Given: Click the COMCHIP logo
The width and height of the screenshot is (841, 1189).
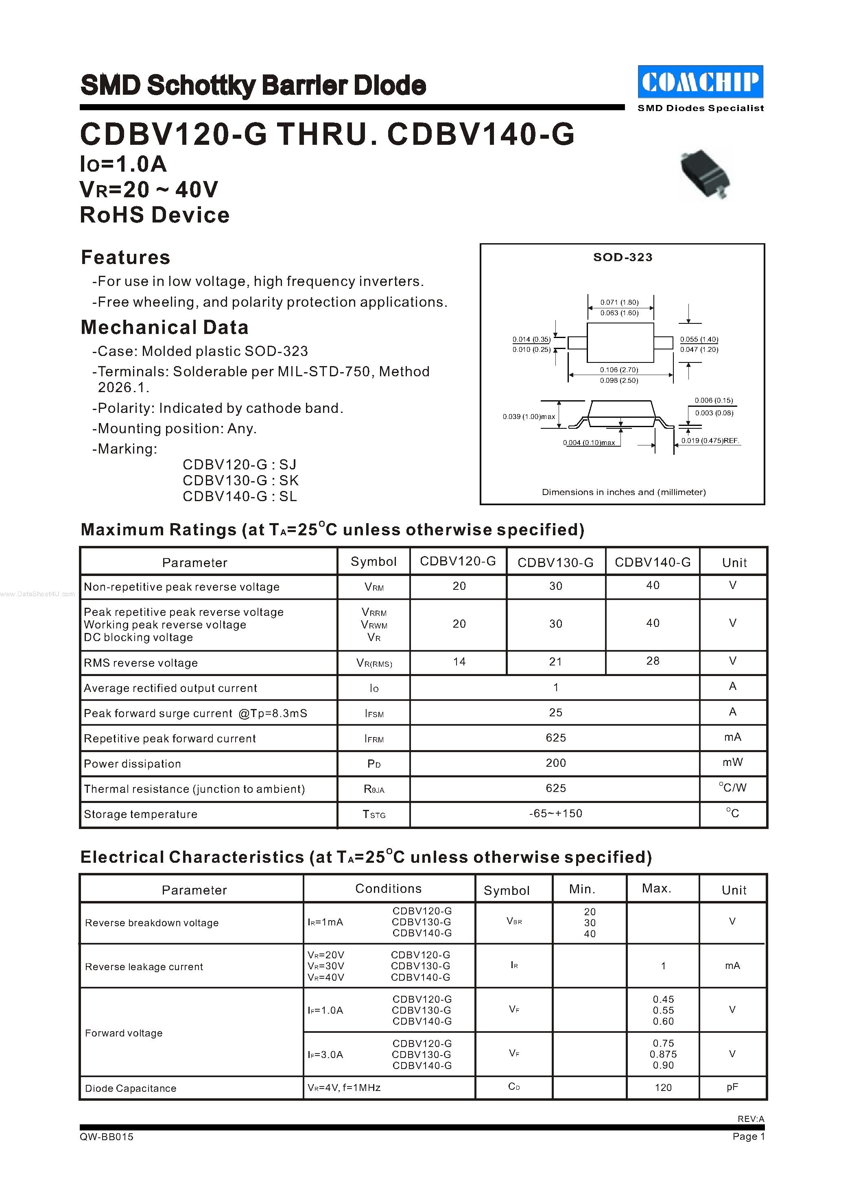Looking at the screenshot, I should pyautogui.click(x=700, y=82).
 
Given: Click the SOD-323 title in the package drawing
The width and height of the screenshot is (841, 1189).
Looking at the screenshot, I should pyautogui.click(x=623, y=257).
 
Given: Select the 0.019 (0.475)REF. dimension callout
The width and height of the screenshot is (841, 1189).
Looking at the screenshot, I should pyautogui.click(x=710, y=441).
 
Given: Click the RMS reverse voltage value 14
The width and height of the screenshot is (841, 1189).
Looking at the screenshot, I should pyautogui.click(x=459, y=662).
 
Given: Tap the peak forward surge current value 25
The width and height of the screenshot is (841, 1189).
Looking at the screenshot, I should pyautogui.click(x=555, y=713).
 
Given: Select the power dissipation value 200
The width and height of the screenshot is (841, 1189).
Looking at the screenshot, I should pyautogui.click(x=555, y=763).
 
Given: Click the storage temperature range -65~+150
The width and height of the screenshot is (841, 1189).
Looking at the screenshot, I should pyautogui.click(x=555, y=814).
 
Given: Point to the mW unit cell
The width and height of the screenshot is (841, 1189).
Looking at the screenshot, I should pyautogui.click(x=732, y=762).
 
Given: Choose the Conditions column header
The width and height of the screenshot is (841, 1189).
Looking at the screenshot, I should pyautogui.click(x=389, y=889).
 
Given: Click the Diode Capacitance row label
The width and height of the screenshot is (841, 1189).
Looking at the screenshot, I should pyautogui.click(x=131, y=1089).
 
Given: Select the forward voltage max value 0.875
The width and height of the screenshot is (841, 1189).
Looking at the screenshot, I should pyautogui.click(x=663, y=1054).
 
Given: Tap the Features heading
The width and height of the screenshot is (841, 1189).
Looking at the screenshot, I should pyautogui.click(x=125, y=257).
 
